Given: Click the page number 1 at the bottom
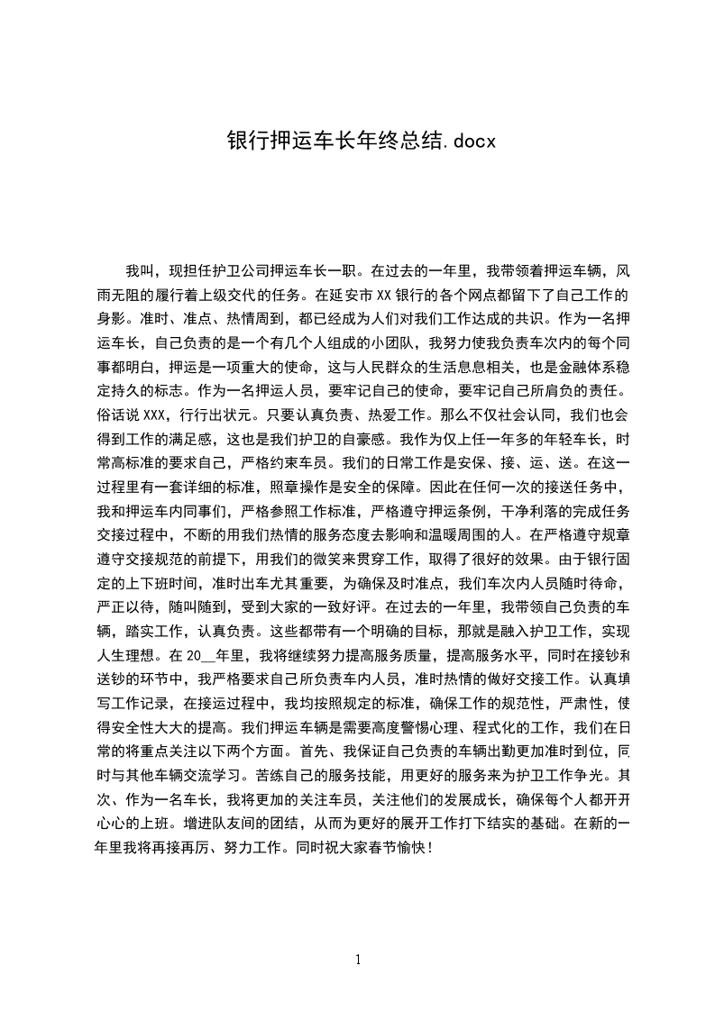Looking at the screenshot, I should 358,960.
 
